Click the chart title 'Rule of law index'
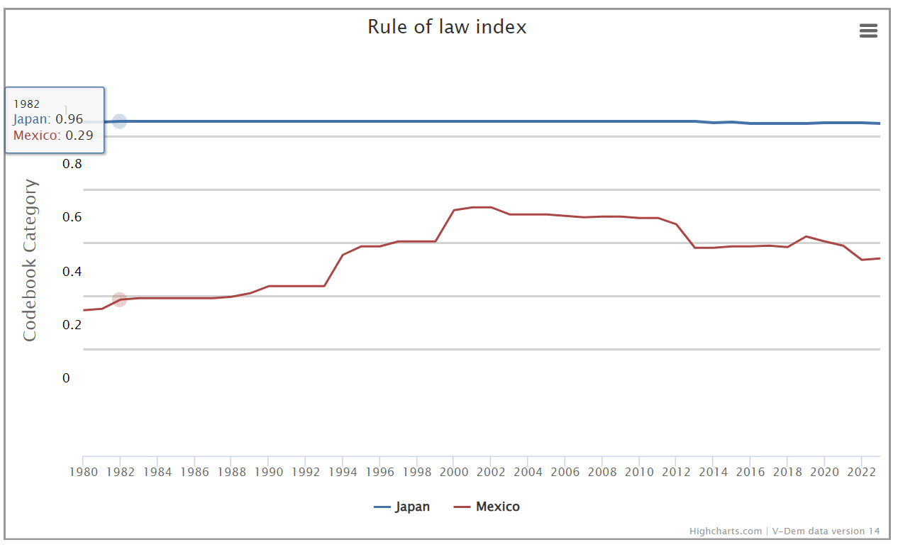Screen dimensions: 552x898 (447, 27)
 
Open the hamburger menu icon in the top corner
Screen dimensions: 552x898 (868, 31)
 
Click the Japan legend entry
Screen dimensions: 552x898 (402, 507)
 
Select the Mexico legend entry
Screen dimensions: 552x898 (487, 507)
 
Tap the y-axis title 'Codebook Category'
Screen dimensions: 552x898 (30, 260)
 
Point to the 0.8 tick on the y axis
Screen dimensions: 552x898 (72, 164)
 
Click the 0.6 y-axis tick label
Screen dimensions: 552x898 (72, 217)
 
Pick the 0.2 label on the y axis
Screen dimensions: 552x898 (72, 325)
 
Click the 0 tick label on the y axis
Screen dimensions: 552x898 (66, 378)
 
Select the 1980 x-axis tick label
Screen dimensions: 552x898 (84, 472)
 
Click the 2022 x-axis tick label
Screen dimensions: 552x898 (861, 472)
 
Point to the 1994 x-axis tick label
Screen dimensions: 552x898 (343, 472)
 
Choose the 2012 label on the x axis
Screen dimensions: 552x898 (676, 472)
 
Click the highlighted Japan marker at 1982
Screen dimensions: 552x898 (120, 121)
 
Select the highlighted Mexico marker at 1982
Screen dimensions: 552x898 (120, 299)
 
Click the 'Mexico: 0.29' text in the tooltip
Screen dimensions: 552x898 (53, 136)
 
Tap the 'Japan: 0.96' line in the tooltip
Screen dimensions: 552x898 (48, 119)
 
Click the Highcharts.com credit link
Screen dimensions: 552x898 (725, 531)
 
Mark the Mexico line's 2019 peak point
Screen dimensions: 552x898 (806, 236)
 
